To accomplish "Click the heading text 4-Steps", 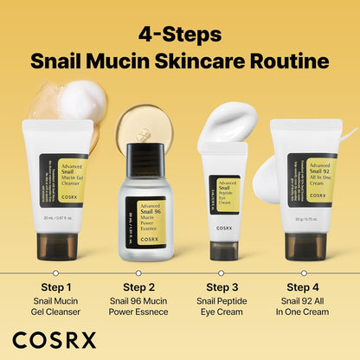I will pyautogui.click(x=180, y=36).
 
